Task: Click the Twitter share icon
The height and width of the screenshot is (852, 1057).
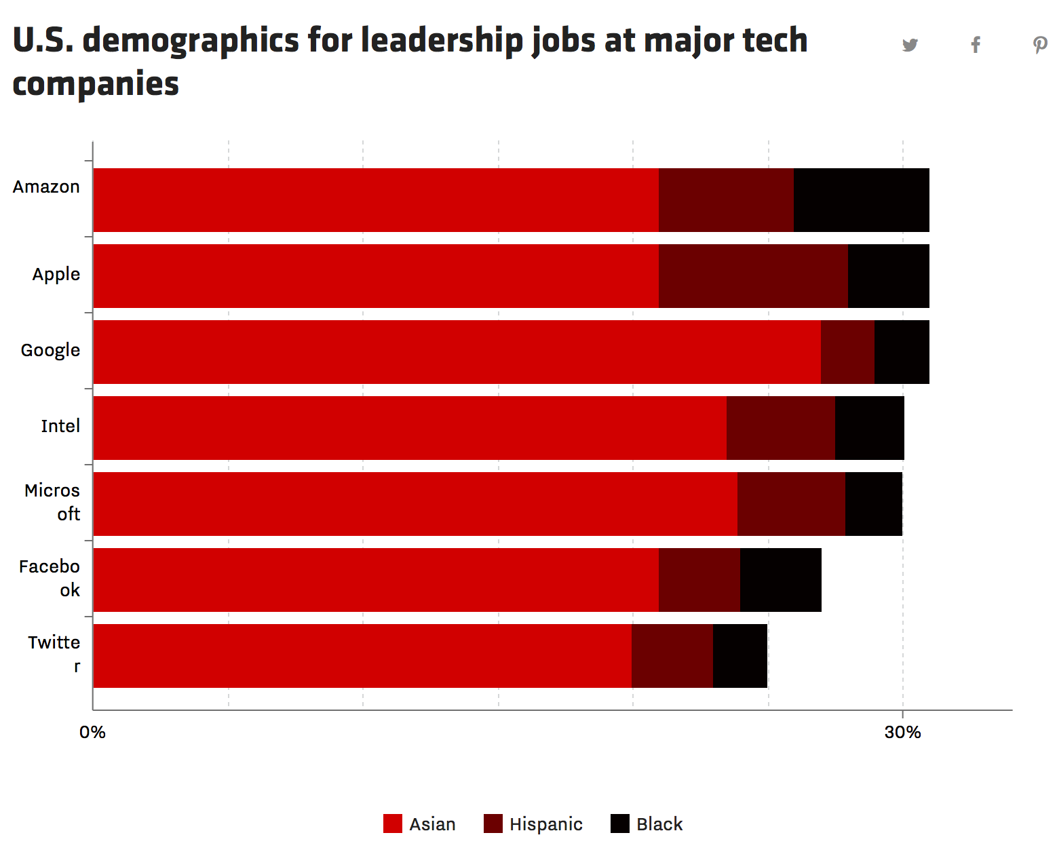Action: [910, 45]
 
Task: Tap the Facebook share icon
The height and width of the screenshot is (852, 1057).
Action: [976, 45]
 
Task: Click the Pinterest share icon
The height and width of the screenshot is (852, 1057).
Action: [1040, 45]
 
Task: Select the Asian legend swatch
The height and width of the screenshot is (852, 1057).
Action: [393, 824]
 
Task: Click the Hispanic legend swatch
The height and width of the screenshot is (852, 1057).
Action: [493, 824]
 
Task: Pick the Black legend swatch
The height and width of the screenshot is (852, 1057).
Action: [620, 824]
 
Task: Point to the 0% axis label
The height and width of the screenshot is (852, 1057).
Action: [92, 733]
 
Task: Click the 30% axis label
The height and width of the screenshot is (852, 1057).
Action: [902, 733]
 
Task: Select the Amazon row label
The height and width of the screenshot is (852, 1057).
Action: [46, 187]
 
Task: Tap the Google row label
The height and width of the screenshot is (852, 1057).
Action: [50, 350]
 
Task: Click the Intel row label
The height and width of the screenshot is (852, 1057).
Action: [60, 426]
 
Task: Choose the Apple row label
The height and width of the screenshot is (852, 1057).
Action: [56, 274]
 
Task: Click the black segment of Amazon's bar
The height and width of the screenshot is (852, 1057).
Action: [862, 200]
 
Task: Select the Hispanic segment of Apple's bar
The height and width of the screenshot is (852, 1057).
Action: [753, 276]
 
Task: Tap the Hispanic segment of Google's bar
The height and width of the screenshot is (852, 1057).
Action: [847, 352]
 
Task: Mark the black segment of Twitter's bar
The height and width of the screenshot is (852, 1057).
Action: [740, 656]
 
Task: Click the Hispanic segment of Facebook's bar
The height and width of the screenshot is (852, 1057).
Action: [699, 580]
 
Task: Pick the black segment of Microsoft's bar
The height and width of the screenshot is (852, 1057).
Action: [874, 504]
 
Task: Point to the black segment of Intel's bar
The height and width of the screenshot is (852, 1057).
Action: [870, 428]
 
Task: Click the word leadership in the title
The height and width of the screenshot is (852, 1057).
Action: [442, 41]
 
